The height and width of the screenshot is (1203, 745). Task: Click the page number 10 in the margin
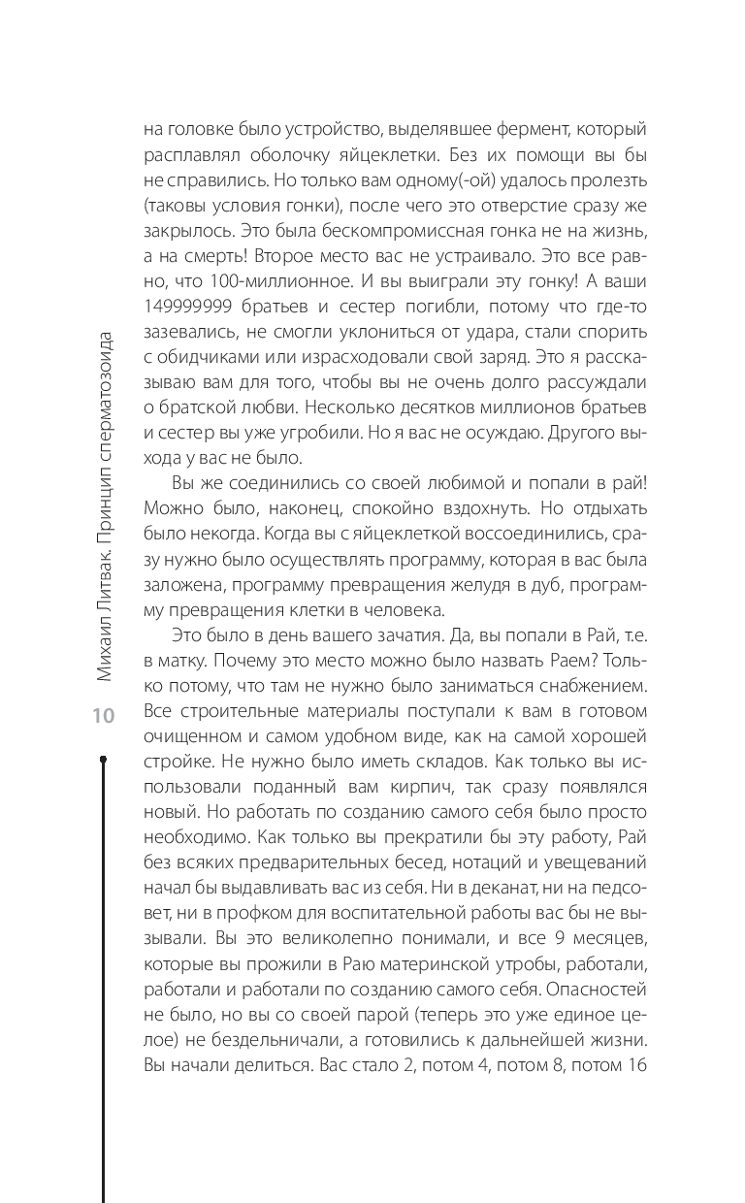(103, 717)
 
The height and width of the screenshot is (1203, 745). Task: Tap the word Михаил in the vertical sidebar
(104, 648)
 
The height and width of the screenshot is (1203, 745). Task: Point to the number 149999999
(190, 308)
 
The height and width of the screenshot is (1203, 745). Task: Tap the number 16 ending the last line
(637, 1064)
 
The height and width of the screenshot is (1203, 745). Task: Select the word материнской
(403, 963)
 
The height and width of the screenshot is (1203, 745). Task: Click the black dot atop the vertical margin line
(103, 759)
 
